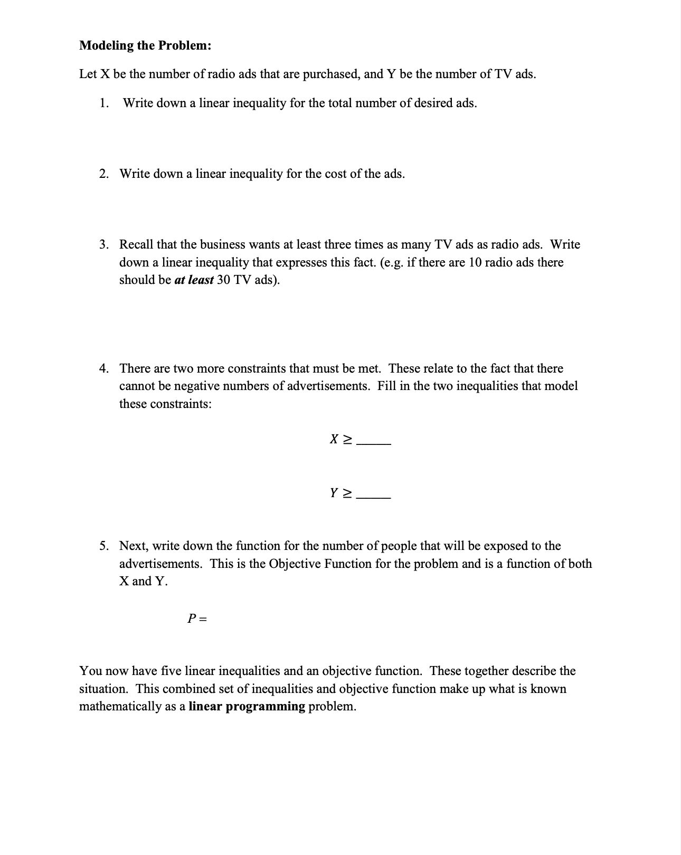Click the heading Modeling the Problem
pos(145,45)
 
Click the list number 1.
pos(104,103)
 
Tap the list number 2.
pos(104,174)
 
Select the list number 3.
pos(104,244)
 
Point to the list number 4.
pos(104,368)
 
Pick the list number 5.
pos(104,546)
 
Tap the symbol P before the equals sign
pos(192,619)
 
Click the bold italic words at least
pos(194,280)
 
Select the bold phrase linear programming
pos(247,707)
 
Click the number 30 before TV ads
pos(223,280)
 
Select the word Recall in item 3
pos(136,244)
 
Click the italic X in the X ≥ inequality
pos(334,439)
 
